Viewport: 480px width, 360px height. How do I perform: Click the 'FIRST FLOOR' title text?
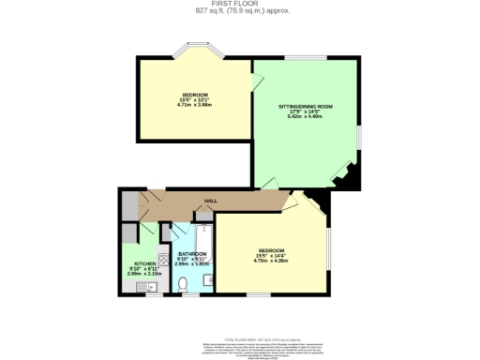coord(239,5)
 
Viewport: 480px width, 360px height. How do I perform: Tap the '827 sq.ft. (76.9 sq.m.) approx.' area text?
coord(239,11)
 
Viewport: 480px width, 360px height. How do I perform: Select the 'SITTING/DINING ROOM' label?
coord(306,108)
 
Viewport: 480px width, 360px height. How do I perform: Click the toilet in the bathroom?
coord(183,284)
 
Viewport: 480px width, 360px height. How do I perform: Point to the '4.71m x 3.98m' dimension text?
coord(195,105)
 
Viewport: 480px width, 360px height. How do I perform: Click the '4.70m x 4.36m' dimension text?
coord(273,257)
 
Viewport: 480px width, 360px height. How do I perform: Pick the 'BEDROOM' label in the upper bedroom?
coord(195,95)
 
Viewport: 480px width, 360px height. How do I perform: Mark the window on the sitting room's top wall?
coord(299,58)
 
